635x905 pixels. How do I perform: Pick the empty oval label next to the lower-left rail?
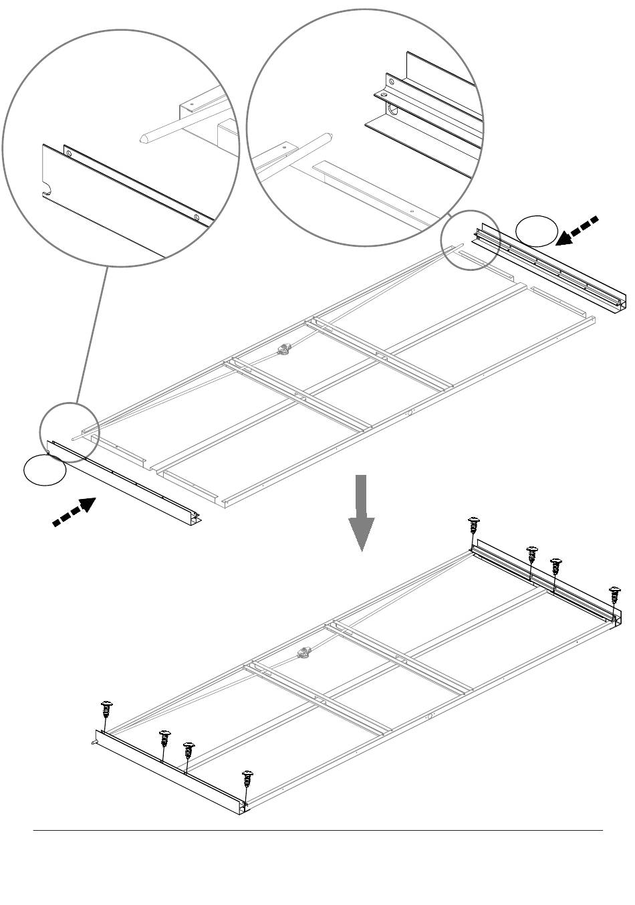[x=45, y=470]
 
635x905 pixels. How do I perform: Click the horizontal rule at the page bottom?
[x=318, y=831]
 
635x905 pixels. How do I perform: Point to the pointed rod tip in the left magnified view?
[x=143, y=138]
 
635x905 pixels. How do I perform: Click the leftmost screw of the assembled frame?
[x=106, y=710]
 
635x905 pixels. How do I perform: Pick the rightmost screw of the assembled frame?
[x=615, y=595]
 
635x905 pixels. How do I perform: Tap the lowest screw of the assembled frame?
[x=248, y=779]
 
